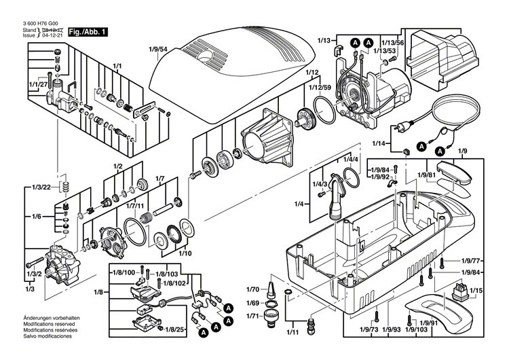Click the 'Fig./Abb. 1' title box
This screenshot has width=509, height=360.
[x=88, y=32]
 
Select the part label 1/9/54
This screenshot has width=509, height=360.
[x=157, y=50]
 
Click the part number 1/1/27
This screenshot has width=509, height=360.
[x=38, y=84]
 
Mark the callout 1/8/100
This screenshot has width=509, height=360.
[x=122, y=272]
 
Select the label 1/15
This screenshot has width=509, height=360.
[x=476, y=291]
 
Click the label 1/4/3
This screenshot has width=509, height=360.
[x=320, y=184]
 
